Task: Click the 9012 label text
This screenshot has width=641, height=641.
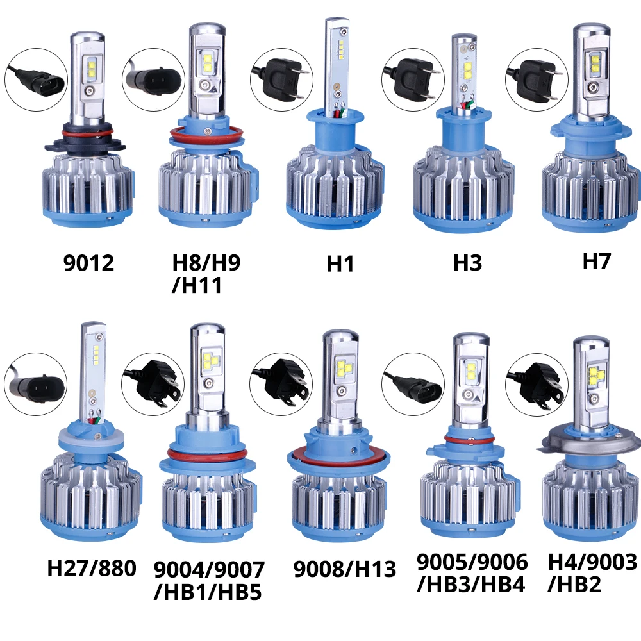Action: coord(89,263)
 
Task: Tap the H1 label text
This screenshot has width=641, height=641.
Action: coord(340,263)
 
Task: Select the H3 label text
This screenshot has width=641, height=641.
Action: coord(467,263)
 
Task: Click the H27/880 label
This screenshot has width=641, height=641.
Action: coord(92,568)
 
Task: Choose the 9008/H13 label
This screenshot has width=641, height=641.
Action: coord(345,569)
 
